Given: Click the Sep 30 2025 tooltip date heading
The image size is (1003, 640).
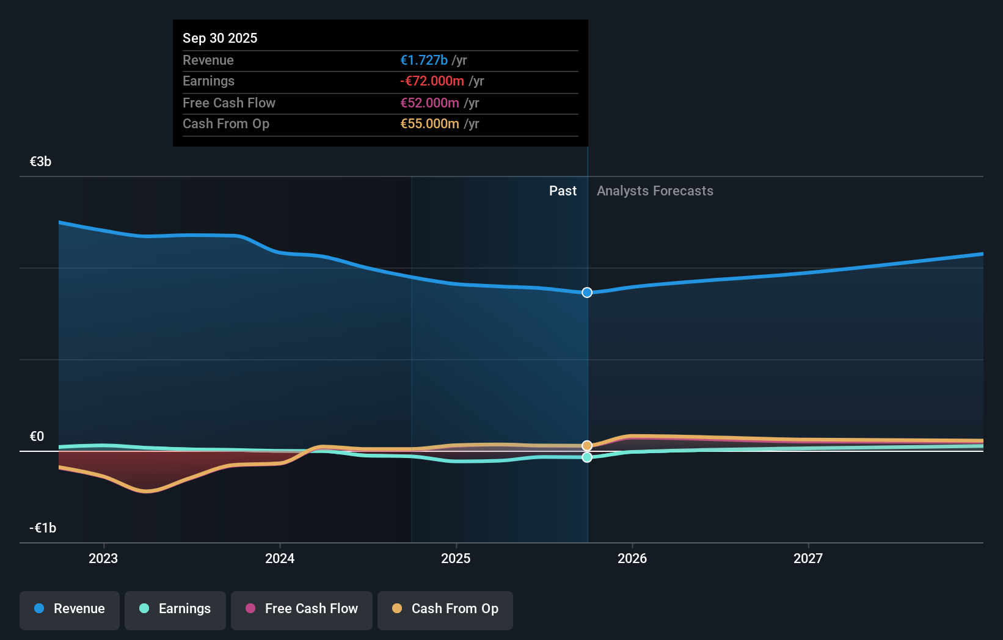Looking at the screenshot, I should (x=220, y=38).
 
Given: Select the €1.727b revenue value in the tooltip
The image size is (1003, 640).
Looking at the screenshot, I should (x=424, y=60).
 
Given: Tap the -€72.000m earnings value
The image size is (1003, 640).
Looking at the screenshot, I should (x=432, y=81).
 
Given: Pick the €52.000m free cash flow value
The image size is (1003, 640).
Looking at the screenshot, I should (x=429, y=103).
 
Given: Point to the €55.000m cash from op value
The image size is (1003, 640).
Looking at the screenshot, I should (x=429, y=123).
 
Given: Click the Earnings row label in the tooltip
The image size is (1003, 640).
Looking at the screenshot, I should (x=208, y=81).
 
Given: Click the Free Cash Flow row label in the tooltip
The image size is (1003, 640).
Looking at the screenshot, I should (x=229, y=103).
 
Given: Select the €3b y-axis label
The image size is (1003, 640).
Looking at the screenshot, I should (x=40, y=161).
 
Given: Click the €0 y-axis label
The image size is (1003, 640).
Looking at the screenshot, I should (x=37, y=436).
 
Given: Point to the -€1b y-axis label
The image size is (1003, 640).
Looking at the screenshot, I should (x=43, y=528).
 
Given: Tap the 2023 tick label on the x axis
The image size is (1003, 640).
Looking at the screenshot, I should (x=103, y=558).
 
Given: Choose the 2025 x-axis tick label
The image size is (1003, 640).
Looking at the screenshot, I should (x=456, y=558).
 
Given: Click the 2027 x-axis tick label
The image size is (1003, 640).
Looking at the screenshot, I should (x=808, y=558).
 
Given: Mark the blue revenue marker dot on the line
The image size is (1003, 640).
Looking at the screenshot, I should (x=587, y=293).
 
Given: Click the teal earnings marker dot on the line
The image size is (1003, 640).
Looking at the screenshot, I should (x=587, y=457).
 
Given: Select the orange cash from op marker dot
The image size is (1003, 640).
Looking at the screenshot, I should (x=587, y=446).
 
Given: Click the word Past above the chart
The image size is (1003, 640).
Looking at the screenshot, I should (x=563, y=191).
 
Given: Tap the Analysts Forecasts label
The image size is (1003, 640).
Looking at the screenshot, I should (x=655, y=191).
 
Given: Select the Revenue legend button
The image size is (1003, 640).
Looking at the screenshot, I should (x=70, y=609).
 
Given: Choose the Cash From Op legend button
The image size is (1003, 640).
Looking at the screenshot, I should (x=445, y=609).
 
